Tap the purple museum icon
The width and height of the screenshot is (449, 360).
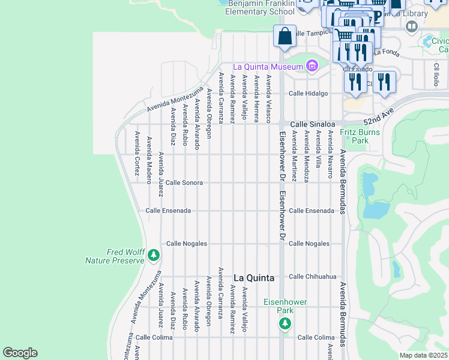click(x=311, y=66)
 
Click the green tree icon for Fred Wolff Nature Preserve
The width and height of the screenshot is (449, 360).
click(x=154, y=256)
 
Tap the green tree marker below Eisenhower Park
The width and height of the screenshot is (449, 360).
click(x=285, y=324)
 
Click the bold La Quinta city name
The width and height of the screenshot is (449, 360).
click(x=253, y=278)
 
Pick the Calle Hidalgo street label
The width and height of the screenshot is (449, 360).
click(x=309, y=94)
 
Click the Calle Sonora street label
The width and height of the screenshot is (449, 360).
click(x=184, y=182)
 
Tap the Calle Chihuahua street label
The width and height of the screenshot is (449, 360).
click(x=312, y=277)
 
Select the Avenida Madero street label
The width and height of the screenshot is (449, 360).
click(x=149, y=157)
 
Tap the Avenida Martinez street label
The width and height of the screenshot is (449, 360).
click(x=294, y=156)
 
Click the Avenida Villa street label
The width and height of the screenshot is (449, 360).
click(x=318, y=153)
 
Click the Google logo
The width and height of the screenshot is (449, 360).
click(x=20, y=352)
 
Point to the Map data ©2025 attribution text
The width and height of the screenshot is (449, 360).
click(x=423, y=355)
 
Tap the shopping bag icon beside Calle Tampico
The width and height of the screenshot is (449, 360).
click(x=285, y=36)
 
